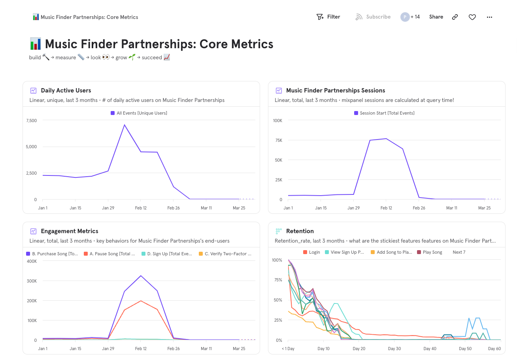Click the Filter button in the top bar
tap(328, 17)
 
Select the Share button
tap(436, 17)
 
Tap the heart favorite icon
tap(472, 17)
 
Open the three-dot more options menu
tap(489, 17)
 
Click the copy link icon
tap(455, 17)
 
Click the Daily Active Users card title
tap(66, 90)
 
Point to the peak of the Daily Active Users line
tap(125, 125)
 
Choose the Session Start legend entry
tap(384, 113)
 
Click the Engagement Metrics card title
tap(70, 231)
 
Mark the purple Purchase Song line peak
tap(141, 275)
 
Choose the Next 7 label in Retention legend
tap(459, 252)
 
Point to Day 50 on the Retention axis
tap(465, 349)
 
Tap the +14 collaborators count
tap(415, 17)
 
